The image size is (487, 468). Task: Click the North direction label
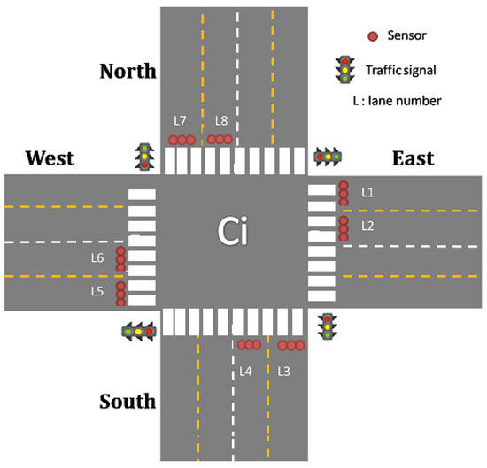pyautogui.click(x=128, y=71)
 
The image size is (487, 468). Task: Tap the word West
pyautogui.click(x=50, y=158)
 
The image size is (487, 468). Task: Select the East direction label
pyautogui.click(x=413, y=158)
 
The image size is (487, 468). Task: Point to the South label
pyautogui.click(x=128, y=402)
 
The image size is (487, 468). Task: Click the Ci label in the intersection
pyautogui.click(x=236, y=232)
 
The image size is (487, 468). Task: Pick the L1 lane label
pyautogui.click(x=368, y=191)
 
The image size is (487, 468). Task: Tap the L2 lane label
pyautogui.click(x=368, y=226)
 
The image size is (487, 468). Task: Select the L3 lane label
pyautogui.click(x=284, y=371)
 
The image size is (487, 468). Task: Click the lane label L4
pyautogui.click(x=246, y=371)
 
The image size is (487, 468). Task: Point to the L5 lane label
pyautogui.click(x=97, y=290)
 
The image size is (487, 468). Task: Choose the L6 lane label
pyautogui.click(x=97, y=257)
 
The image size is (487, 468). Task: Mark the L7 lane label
pyautogui.click(x=180, y=119)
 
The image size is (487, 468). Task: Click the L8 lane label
pyautogui.click(x=220, y=119)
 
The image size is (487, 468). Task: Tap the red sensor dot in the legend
pyautogui.click(x=373, y=36)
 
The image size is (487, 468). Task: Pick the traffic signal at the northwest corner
pyautogui.click(x=143, y=156)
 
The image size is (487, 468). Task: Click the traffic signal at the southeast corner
pyautogui.click(x=328, y=326)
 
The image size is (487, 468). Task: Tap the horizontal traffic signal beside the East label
pyautogui.click(x=329, y=157)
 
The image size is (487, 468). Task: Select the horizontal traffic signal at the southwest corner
pyautogui.click(x=138, y=331)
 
